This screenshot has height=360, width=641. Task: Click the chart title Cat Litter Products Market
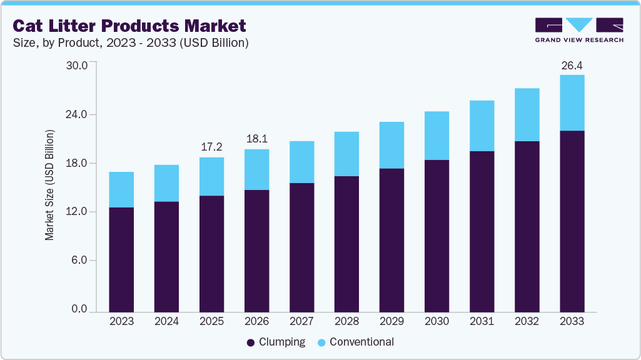[129, 26]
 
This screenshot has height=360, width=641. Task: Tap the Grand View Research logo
[579, 29]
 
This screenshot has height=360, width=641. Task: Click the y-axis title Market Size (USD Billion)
[49, 185]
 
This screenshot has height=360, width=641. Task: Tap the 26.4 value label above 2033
[572, 64]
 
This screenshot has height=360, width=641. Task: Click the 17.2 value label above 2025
[211, 147]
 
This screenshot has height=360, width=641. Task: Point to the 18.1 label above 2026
[256, 139]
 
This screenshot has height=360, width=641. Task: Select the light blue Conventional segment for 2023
[121, 189]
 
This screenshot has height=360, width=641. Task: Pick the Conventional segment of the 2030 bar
[437, 136]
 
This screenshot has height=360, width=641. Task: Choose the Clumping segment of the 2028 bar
[346, 244]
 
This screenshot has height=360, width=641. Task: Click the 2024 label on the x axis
[166, 321]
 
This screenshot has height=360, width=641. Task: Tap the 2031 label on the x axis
[482, 321]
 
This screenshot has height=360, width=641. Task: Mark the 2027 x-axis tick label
[301, 321]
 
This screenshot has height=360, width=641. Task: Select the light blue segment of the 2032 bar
[527, 114]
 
